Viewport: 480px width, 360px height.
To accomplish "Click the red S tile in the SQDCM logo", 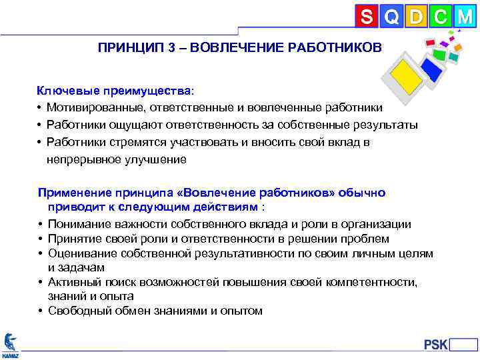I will [x=366, y=15].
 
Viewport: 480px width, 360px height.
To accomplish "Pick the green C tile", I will [x=439, y=15].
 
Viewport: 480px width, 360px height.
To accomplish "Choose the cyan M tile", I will [x=464, y=15].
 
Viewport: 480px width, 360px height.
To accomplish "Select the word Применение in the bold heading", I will [x=72, y=193].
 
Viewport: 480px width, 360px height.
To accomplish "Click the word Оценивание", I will [x=79, y=253].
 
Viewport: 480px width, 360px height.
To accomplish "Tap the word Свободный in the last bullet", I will [x=77, y=311].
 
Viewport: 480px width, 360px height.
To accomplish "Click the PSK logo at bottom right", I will [x=436, y=344].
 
